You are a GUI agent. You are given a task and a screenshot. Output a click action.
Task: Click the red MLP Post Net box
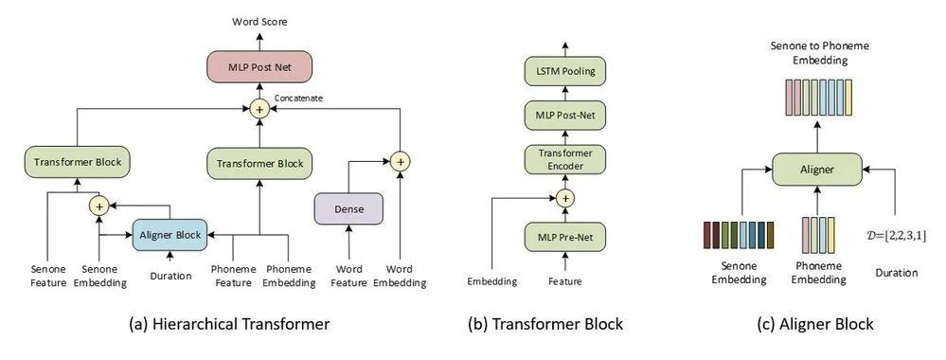(x=259, y=68)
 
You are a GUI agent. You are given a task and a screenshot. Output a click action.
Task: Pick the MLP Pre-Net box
(x=564, y=236)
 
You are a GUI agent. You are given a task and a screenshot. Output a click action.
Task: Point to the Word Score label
(x=260, y=20)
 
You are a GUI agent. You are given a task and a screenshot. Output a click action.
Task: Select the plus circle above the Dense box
(x=402, y=161)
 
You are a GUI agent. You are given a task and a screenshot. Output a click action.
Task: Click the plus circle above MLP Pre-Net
(x=564, y=198)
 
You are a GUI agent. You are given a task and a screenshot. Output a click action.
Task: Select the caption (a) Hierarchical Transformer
(x=229, y=324)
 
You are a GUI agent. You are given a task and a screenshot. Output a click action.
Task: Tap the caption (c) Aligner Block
(x=812, y=324)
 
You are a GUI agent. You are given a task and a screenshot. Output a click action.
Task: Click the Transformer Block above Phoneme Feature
(x=259, y=164)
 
